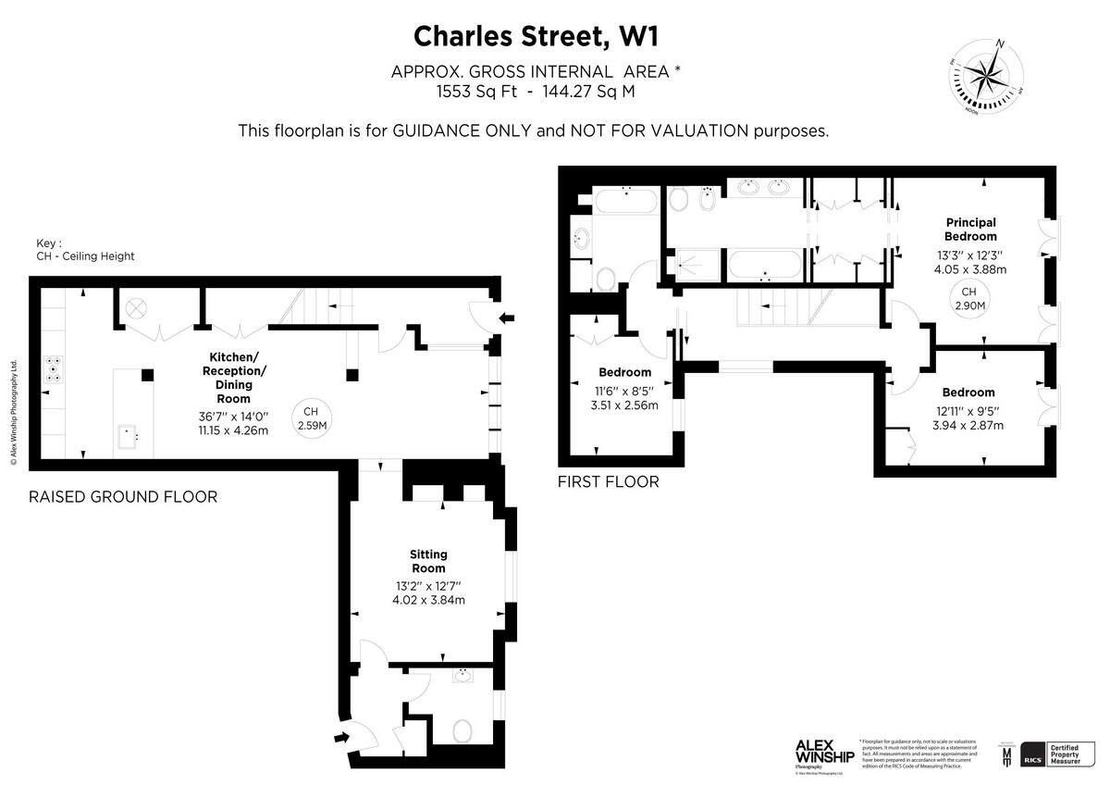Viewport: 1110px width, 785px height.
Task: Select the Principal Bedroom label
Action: pyautogui.click(x=970, y=229)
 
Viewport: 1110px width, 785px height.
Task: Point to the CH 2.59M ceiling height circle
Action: pyautogui.click(x=312, y=418)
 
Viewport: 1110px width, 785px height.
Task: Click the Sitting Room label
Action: pyautogui.click(x=427, y=561)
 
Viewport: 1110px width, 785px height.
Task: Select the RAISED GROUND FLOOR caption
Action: pyautogui.click(x=123, y=497)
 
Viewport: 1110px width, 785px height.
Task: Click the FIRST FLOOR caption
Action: pyautogui.click(x=608, y=482)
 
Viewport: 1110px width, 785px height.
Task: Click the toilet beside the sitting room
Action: pyautogui.click(x=463, y=730)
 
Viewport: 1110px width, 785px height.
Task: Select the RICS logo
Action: pyautogui.click(x=1032, y=754)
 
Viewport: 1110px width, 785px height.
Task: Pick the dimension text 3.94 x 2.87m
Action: pyautogui.click(x=969, y=425)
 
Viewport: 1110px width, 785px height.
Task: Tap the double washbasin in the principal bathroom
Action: pyautogui.click(x=764, y=188)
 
